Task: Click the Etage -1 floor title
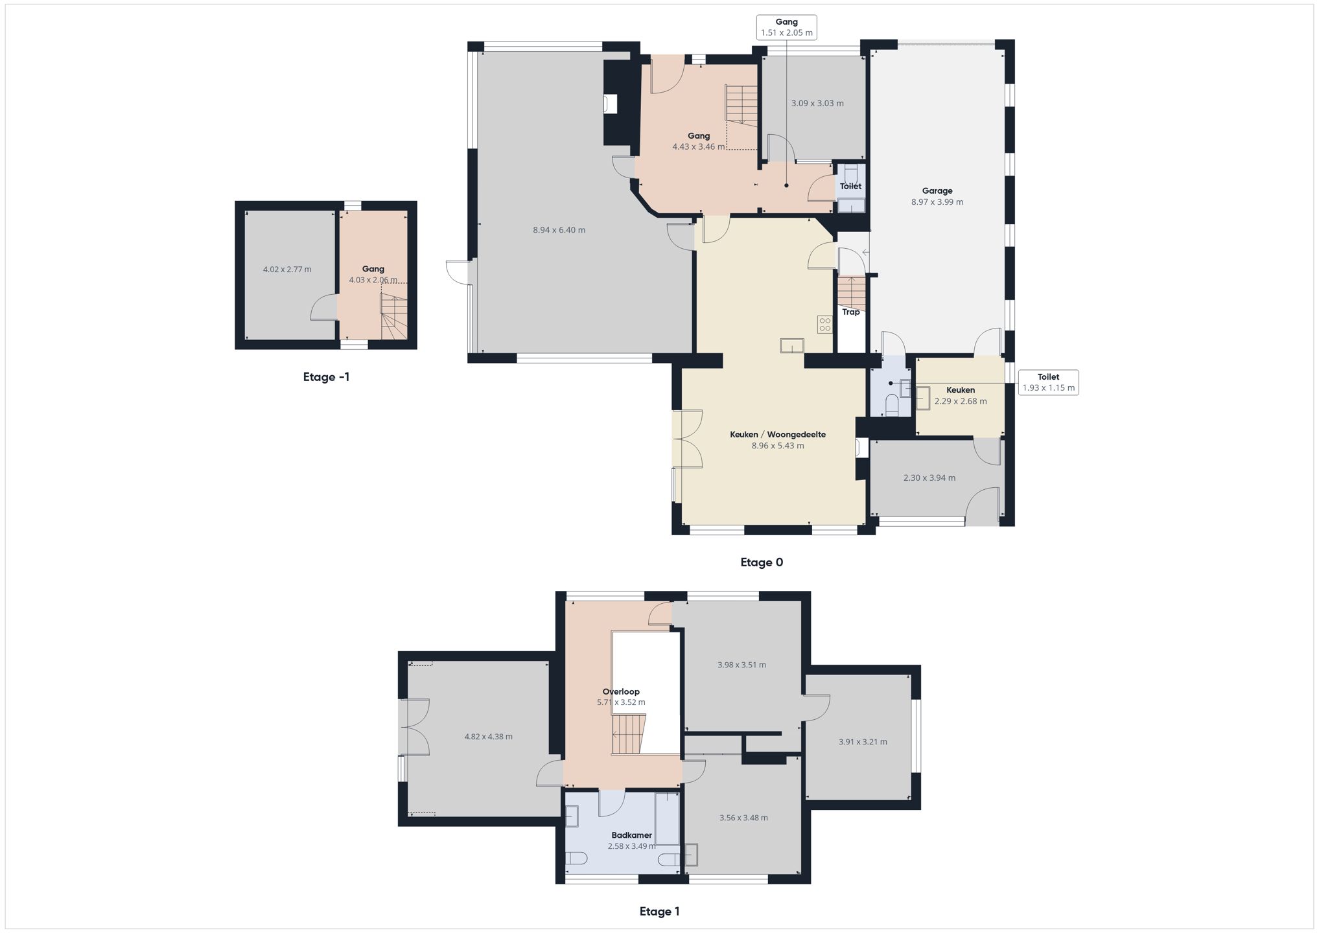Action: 326,377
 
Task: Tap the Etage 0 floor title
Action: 762,562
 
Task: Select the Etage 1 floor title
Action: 659,912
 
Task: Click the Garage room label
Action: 937,191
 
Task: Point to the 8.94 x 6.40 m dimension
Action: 559,230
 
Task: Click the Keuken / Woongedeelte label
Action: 777,435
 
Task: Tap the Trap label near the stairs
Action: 850,312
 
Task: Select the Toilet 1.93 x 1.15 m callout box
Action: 1048,382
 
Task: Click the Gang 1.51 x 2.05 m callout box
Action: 786,27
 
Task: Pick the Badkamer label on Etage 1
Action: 631,835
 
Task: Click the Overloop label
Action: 621,691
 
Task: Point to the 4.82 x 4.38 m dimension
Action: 488,737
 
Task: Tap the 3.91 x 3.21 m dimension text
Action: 862,742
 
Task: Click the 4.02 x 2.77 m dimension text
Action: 287,270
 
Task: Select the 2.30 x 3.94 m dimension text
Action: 929,478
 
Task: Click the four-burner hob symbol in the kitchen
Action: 824,324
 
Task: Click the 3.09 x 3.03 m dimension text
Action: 817,103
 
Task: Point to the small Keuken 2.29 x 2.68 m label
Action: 960,395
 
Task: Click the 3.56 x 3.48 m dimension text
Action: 743,818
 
